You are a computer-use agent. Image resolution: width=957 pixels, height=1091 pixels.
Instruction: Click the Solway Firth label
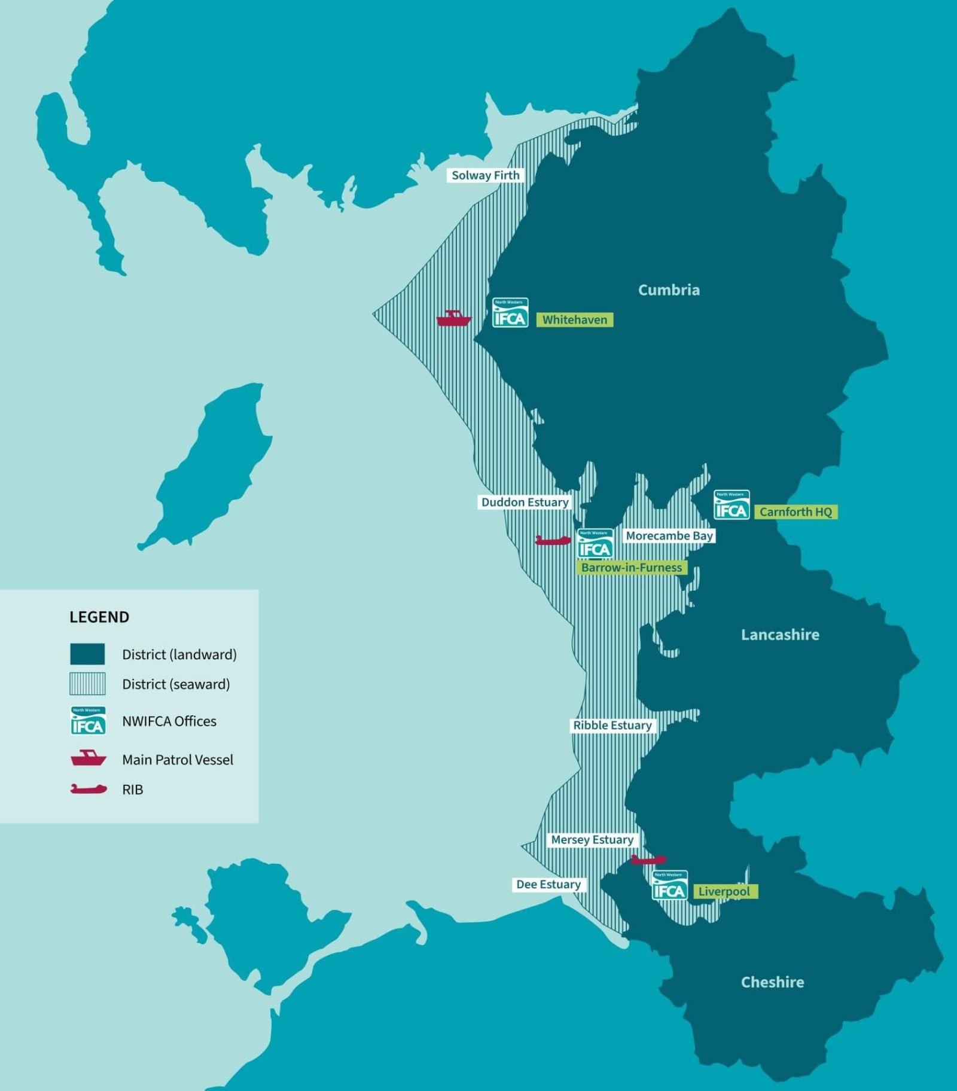tap(485, 175)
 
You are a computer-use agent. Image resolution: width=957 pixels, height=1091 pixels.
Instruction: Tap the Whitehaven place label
tap(574, 320)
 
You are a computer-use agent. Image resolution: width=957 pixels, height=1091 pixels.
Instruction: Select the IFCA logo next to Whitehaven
tap(510, 313)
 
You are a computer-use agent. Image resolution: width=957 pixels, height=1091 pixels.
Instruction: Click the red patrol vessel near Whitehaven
tap(453, 319)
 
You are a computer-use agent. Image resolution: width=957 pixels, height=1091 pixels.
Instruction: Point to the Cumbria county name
tap(669, 290)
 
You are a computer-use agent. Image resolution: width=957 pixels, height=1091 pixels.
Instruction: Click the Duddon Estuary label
tap(525, 502)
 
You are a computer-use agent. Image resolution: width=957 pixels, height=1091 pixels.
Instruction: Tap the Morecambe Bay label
tap(669, 536)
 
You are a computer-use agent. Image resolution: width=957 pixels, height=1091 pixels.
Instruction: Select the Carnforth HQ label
tap(796, 512)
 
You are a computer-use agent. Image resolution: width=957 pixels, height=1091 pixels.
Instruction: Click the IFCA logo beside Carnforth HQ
tap(732, 505)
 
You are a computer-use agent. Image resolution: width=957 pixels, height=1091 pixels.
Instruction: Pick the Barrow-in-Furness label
tap(632, 568)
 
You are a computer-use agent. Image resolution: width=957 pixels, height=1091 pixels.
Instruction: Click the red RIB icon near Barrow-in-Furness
tap(553, 541)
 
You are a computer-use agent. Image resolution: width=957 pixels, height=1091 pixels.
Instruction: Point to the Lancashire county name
tap(780, 635)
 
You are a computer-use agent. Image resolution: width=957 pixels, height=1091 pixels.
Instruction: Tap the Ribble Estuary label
tap(612, 726)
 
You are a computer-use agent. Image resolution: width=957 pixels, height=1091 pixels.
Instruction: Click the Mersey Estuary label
tap(592, 840)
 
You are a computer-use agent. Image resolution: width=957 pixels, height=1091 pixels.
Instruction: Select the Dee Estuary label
tap(548, 885)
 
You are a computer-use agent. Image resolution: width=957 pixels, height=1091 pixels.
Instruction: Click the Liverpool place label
tap(724, 892)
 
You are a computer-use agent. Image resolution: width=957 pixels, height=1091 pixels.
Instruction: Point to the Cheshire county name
tap(772, 982)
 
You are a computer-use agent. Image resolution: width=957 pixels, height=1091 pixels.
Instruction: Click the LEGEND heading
tap(99, 617)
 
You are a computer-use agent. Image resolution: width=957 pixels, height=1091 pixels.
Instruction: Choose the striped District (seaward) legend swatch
tap(87, 684)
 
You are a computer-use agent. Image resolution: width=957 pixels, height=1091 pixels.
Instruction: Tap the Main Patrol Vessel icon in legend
tap(89, 758)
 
